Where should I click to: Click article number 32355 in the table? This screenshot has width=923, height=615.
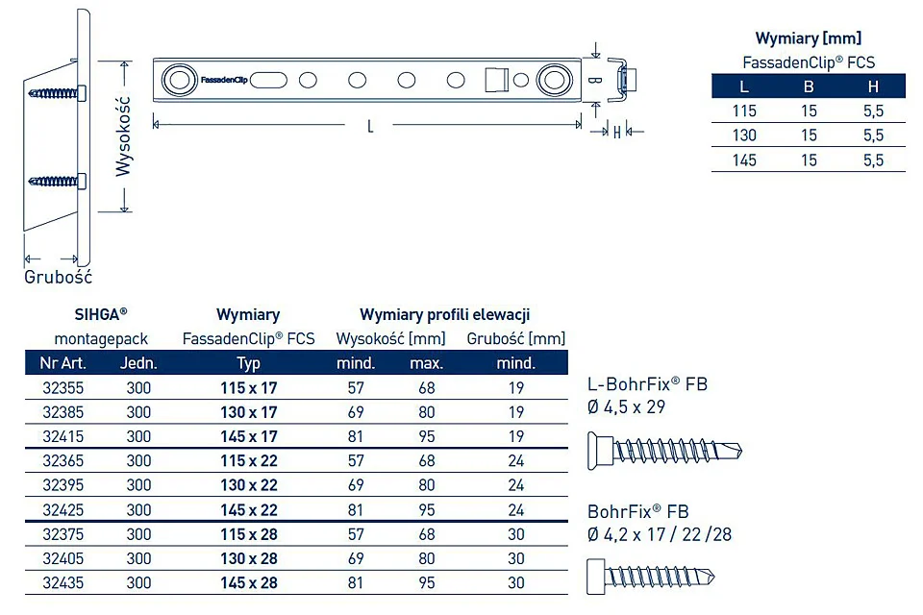coord(63,388)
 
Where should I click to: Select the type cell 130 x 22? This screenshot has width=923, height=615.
coord(248,485)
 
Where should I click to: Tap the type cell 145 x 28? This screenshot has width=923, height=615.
coord(248,582)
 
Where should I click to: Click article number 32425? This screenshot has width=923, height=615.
coord(63,509)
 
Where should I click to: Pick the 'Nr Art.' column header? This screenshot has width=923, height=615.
coord(63,363)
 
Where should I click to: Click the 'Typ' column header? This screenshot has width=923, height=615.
coord(248,363)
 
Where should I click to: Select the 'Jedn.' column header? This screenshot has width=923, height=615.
coord(138,363)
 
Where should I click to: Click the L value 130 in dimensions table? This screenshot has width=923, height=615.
coord(744,135)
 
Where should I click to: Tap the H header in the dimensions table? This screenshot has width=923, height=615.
coord(873,86)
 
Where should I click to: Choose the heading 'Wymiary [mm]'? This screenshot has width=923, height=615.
coord(809,38)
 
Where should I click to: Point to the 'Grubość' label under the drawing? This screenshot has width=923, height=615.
coord(59,277)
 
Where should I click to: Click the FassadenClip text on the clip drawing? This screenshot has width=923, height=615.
coord(224,80)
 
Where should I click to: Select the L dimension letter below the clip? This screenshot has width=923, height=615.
coord(369,126)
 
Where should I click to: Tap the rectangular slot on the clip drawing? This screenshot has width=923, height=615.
coord(496,80)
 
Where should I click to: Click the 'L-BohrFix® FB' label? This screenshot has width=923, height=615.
coord(647,384)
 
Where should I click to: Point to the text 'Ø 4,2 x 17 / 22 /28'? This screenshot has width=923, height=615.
coord(660,534)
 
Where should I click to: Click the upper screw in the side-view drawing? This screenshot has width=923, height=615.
coord(57,93)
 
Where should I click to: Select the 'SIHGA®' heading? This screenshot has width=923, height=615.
coord(101,314)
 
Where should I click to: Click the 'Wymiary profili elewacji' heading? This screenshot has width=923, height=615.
coord(445,314)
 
